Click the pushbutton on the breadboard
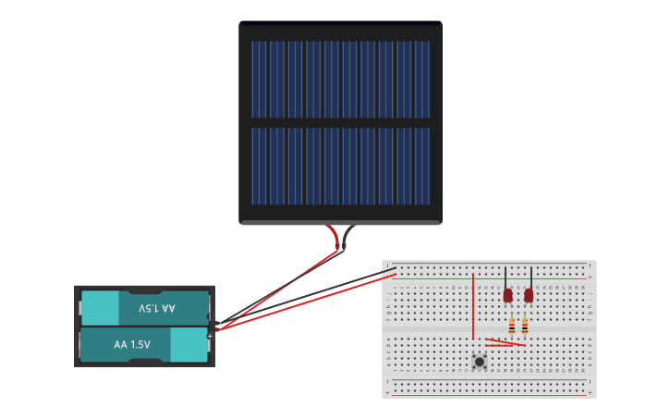click(x=479, y=361)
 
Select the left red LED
click(x=507, y=295)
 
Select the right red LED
click(x=529, y=295)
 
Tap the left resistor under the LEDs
click(x=513, y=326)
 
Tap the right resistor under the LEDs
click(x=525, y=326)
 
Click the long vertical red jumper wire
click(x=473, y=305)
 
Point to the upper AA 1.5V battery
click(x=145, y=308)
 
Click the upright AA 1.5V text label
click(x=132, y=344)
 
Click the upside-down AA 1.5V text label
click(x=157, y=308)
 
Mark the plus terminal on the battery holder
click(x=210, y=336)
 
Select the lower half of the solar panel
click(x=340, y=166)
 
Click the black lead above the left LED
click(x=506, y=277)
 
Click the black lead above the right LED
click(x=531, y=277)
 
